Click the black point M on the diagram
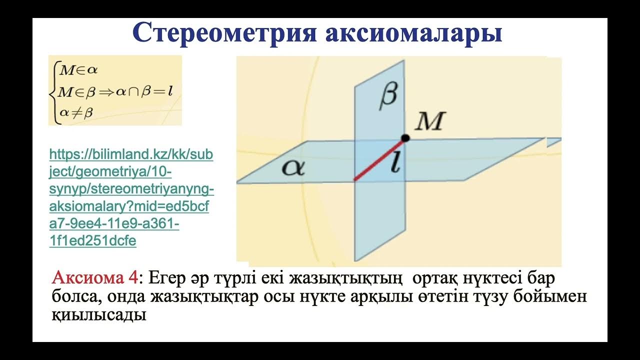(x=405, y=138)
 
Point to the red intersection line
(x=379, y=158)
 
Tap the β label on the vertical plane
(x=388, y=96)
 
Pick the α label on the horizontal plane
(x=293, y=167)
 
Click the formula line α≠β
(x=76, y=113)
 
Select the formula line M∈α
(x=78, y=70)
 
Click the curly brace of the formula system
(x=53, y=91)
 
